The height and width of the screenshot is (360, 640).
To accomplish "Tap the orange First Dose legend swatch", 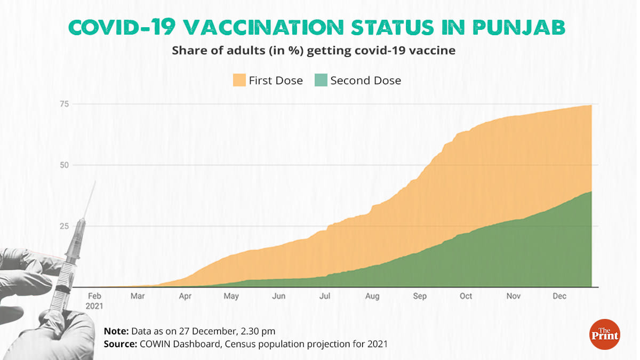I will pos(239,81).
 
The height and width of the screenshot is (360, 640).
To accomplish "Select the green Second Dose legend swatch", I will pos(320,81).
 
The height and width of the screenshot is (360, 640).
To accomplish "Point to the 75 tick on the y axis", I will pos(64,104).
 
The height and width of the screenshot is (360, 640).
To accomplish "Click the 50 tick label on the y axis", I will pos(64,165).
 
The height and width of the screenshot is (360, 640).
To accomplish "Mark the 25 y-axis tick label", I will pos(64,226).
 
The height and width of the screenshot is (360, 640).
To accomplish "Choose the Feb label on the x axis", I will pos(95,296).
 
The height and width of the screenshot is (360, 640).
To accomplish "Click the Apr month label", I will pos(186,296).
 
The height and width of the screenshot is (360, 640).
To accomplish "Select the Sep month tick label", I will pos(420,296).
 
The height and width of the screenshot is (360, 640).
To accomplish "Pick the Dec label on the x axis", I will pos(559,296).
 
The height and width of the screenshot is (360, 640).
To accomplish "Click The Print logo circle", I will pos(604,335).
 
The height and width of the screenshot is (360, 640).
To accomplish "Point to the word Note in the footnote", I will pos(116,332).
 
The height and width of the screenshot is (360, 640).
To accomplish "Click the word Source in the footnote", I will pos(121,344).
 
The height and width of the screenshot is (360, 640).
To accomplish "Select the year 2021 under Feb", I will pos(95,306).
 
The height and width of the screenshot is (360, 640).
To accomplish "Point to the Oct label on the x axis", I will pos(466,296).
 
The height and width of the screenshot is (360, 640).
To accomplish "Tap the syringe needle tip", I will pos(95,182).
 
